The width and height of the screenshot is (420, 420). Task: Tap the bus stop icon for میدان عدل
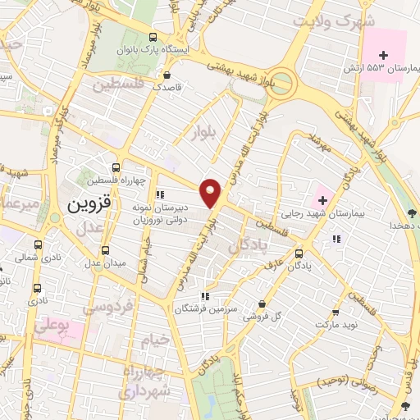tap(104, 250)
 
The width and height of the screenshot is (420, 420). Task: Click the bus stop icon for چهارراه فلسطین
tap(122, 165)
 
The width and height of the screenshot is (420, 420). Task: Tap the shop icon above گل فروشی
tap(261, 304)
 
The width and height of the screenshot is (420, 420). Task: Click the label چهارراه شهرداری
tap(148, 381)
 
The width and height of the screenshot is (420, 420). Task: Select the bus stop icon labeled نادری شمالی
tap(39, 244)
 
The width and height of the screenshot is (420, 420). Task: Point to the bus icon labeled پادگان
tap(299, 253)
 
